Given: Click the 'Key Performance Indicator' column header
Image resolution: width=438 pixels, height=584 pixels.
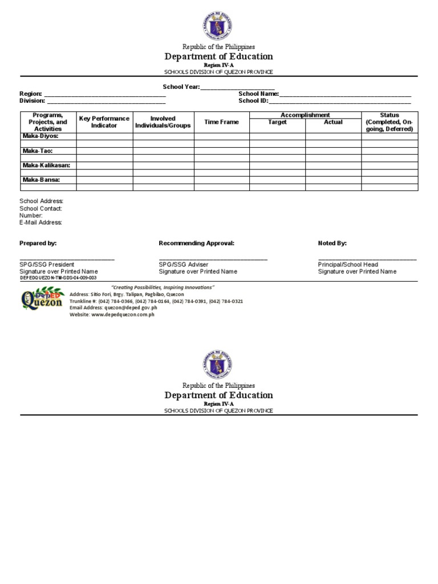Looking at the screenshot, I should [x=104, y=122].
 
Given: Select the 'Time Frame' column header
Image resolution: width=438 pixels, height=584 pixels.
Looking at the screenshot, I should [x=221, y=122].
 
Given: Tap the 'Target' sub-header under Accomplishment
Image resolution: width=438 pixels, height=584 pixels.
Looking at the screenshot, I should [x=277, y=122].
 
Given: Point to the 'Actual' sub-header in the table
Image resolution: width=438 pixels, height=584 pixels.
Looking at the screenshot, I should [x=333, y=122].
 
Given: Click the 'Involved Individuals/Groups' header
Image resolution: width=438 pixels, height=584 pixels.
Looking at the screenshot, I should [x=163, y=122].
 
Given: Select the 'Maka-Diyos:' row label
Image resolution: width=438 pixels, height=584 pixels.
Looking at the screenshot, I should [x=40, y=136].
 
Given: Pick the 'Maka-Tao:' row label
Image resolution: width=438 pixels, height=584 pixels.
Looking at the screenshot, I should [x=38, y=151].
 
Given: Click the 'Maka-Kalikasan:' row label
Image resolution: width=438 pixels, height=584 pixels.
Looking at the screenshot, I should [x=47, y=165].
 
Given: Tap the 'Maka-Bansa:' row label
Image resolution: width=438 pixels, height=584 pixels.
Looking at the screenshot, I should [x=41, y=180].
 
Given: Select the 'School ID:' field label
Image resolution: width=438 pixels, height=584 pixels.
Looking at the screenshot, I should [x=253, y=101].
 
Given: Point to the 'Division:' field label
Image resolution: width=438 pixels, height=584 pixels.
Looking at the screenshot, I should [x=32, y=101].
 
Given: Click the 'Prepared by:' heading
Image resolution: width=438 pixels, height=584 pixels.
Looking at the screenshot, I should [x=38, y=243].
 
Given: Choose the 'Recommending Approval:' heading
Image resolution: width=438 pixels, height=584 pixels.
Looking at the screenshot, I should [x=196, y=243].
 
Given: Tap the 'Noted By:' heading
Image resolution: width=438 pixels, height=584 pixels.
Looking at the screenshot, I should [x=332, y=243].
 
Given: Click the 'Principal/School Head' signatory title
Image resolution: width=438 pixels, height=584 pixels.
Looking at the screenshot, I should [x=348, y=265].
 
